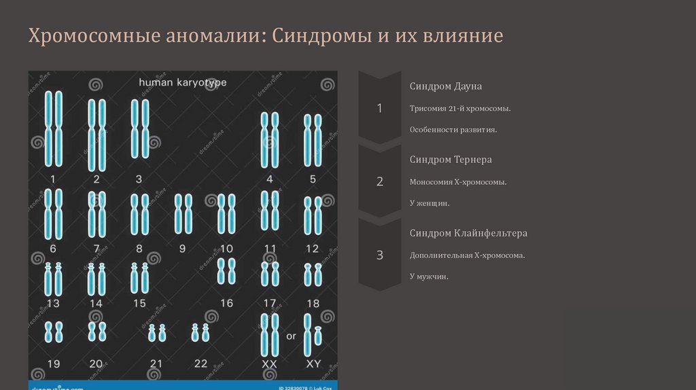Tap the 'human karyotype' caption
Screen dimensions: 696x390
pos(182,82)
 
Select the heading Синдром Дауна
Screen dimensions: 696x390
pos(446,87)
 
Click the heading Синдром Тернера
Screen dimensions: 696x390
pos(451,160)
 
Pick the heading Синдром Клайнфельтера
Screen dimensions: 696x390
pos(468,233)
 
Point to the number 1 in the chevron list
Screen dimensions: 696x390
pos(379,109)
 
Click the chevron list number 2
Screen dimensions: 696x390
pos(379,181)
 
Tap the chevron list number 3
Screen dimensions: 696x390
pos(379,255)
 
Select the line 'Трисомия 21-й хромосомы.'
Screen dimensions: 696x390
pos(460,109)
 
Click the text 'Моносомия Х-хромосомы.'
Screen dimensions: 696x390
pos(458,182)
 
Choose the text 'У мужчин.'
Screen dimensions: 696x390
pos(429,277)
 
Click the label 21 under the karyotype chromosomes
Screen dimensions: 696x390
pos(156,364)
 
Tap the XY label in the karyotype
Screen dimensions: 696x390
pos(313,364)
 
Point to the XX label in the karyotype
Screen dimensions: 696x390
pos(269,364)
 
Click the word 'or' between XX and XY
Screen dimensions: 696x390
pos(291,336)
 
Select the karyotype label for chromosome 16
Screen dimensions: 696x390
pos(226,303)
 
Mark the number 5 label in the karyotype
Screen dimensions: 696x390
pos(313,179)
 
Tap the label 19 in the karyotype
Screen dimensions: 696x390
pos(53,364)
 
